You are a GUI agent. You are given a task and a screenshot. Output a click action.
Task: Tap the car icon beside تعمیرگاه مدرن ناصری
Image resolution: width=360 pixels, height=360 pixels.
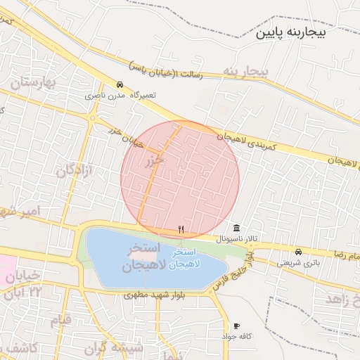(x=120, y=84)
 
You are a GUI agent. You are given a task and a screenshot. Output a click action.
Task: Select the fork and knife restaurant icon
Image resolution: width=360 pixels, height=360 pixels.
(x=181, y=229)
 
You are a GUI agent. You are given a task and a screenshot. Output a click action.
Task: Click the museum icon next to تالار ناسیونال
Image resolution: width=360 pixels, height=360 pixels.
(x=236, y=229)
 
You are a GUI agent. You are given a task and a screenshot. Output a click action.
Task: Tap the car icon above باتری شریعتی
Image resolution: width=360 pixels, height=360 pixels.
(x=299, y=252)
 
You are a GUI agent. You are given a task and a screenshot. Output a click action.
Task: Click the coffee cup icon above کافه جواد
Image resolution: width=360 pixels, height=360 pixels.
(x=236, y=326)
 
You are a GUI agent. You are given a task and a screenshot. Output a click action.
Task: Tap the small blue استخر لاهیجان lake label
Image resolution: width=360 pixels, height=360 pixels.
(x=187, y=257)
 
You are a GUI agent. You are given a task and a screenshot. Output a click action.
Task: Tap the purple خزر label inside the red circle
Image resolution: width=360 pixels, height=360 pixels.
(x=154, y=161)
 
